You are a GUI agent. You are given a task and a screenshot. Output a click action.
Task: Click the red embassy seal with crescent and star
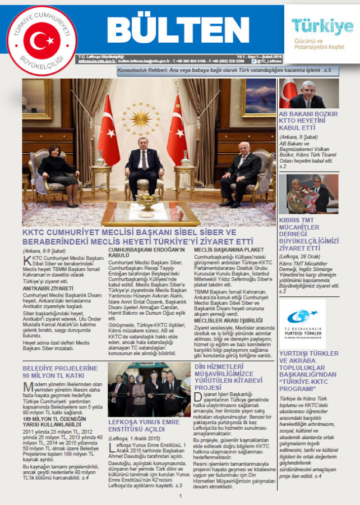point(42,40)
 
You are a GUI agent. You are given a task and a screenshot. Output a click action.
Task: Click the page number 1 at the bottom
point(180,496)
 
